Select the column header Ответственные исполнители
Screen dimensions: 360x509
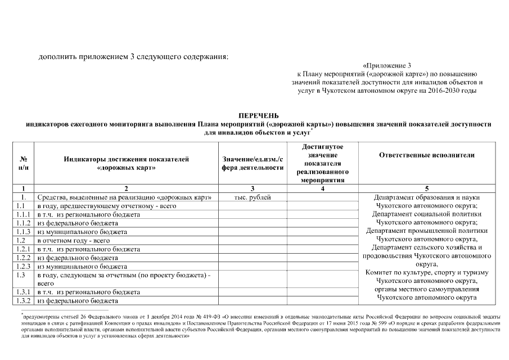click(426, 155)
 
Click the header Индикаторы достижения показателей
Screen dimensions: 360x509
click(126, 159)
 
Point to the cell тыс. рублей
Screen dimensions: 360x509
click(252, 197)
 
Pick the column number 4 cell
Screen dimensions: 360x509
click(322, 188)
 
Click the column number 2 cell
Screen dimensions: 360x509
click(126, 188)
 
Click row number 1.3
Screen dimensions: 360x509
click(21, 275)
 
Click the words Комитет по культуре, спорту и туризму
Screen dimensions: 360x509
click(426, 272)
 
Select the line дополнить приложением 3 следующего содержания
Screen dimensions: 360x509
click(133, 56)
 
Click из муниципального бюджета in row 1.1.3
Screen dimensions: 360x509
click(82, 232)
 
